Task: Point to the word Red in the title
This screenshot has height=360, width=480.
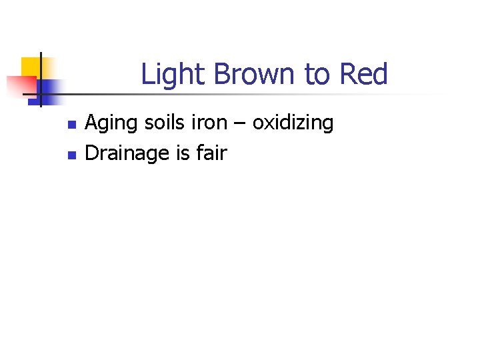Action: click(x=363, y=74)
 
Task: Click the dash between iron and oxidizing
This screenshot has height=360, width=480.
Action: click(x=241, y=125)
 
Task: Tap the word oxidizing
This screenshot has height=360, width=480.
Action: click(x=293, y=123)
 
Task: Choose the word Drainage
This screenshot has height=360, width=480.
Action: click(x=128, y=153)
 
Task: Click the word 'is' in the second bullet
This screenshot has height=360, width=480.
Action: click(x=183, y=153)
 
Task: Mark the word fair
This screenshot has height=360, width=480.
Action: click(x=212, y=153)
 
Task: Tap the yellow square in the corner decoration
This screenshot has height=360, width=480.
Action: click(x=31, y=66)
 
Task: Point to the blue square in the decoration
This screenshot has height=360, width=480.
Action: click(x=49, y=88)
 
